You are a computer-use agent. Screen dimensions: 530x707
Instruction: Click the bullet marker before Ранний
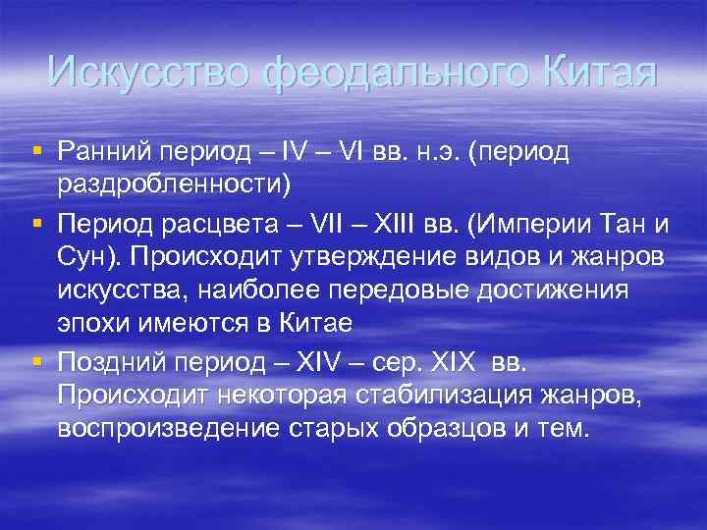coord(36,150)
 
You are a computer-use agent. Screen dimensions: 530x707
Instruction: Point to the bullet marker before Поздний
coord(36,362)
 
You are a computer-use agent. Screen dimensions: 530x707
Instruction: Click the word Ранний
coord(104,152)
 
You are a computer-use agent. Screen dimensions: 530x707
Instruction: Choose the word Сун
coord(83,257)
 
